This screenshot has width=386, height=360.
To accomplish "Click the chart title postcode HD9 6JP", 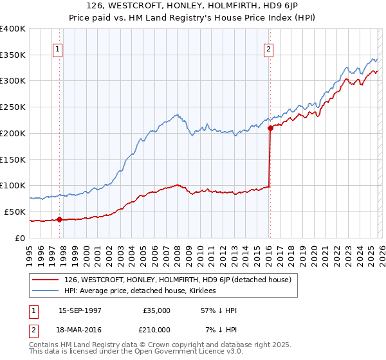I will pyautogui.click(x=280, y=7).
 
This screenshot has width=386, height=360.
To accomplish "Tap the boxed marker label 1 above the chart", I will pyautogui.click(x=59, y=48).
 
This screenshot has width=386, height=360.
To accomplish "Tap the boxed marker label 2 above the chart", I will pyautogui.click(x=268, y=48).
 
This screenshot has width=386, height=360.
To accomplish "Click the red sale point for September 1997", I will pyautogui.click(x=59, y=219).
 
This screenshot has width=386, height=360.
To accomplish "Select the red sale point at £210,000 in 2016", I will pyautogui.click(x=270, y=128).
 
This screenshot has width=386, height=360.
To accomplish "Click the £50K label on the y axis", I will pyautogui.click(x=15, y=212).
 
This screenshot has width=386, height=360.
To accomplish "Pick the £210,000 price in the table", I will pyautogui.click(x=157, y=330).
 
